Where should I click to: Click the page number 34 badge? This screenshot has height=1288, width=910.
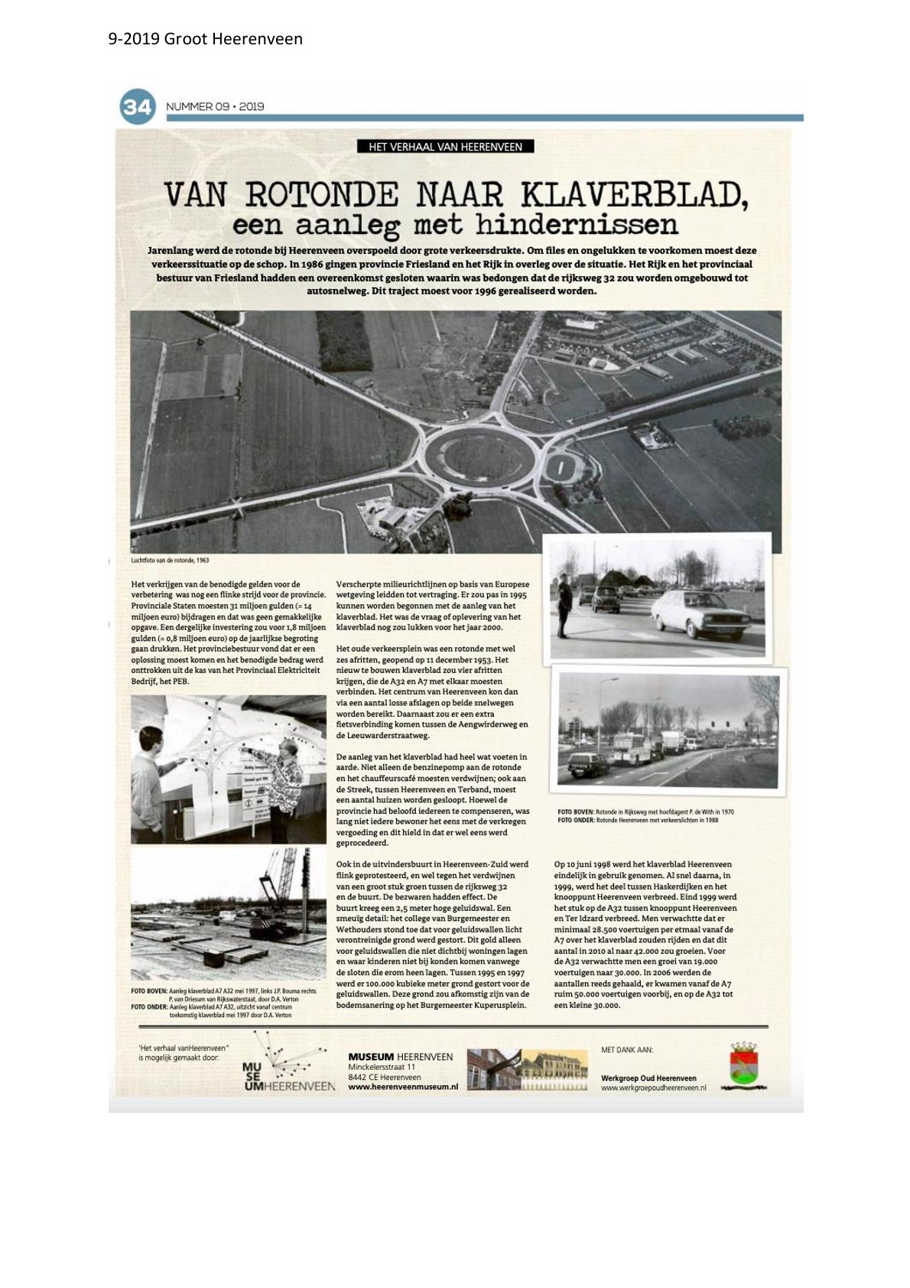point(138,106)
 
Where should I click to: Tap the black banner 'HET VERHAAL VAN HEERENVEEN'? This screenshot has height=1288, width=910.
point(445,147)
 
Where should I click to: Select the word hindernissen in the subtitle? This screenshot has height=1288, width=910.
point(576,225)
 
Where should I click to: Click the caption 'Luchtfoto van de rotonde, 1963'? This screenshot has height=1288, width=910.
point(171,561)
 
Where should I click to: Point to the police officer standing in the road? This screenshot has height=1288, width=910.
point(564,605)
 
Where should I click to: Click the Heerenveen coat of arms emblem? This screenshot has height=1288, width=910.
point(743,1066)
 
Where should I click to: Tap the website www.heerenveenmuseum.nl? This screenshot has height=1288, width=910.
point(402,1086)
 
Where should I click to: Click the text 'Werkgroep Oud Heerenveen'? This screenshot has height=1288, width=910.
point(648,1078)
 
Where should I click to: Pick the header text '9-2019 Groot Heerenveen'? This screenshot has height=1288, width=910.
point(206,39)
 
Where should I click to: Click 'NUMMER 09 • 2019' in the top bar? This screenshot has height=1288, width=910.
point(215,106)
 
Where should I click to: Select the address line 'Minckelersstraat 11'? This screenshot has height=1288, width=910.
point(382,1067)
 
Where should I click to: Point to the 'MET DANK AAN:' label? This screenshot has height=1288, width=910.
point(627,1050)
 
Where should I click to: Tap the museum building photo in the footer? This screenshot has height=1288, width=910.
point(527,1069)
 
